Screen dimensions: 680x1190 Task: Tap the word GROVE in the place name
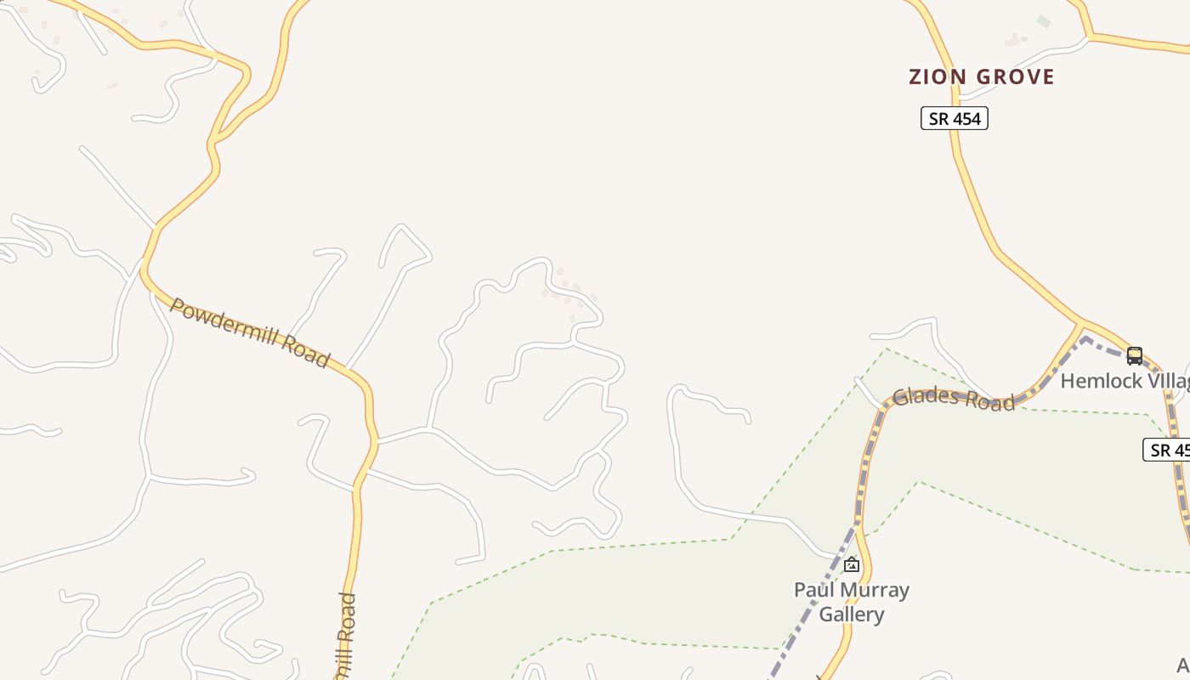1015,77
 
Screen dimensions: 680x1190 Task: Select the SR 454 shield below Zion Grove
955,119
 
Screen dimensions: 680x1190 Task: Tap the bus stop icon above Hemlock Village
1134,355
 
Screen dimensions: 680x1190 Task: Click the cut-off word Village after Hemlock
1169,381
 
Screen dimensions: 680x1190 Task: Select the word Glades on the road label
926,396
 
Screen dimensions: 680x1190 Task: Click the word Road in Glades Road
989,402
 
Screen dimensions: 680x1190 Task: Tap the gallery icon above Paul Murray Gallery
851,564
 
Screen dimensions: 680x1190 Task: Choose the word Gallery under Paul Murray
852,614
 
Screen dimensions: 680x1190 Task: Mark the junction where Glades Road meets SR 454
1082,324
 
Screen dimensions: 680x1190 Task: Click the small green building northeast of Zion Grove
1043,21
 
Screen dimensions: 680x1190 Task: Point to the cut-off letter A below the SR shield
1182,664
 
